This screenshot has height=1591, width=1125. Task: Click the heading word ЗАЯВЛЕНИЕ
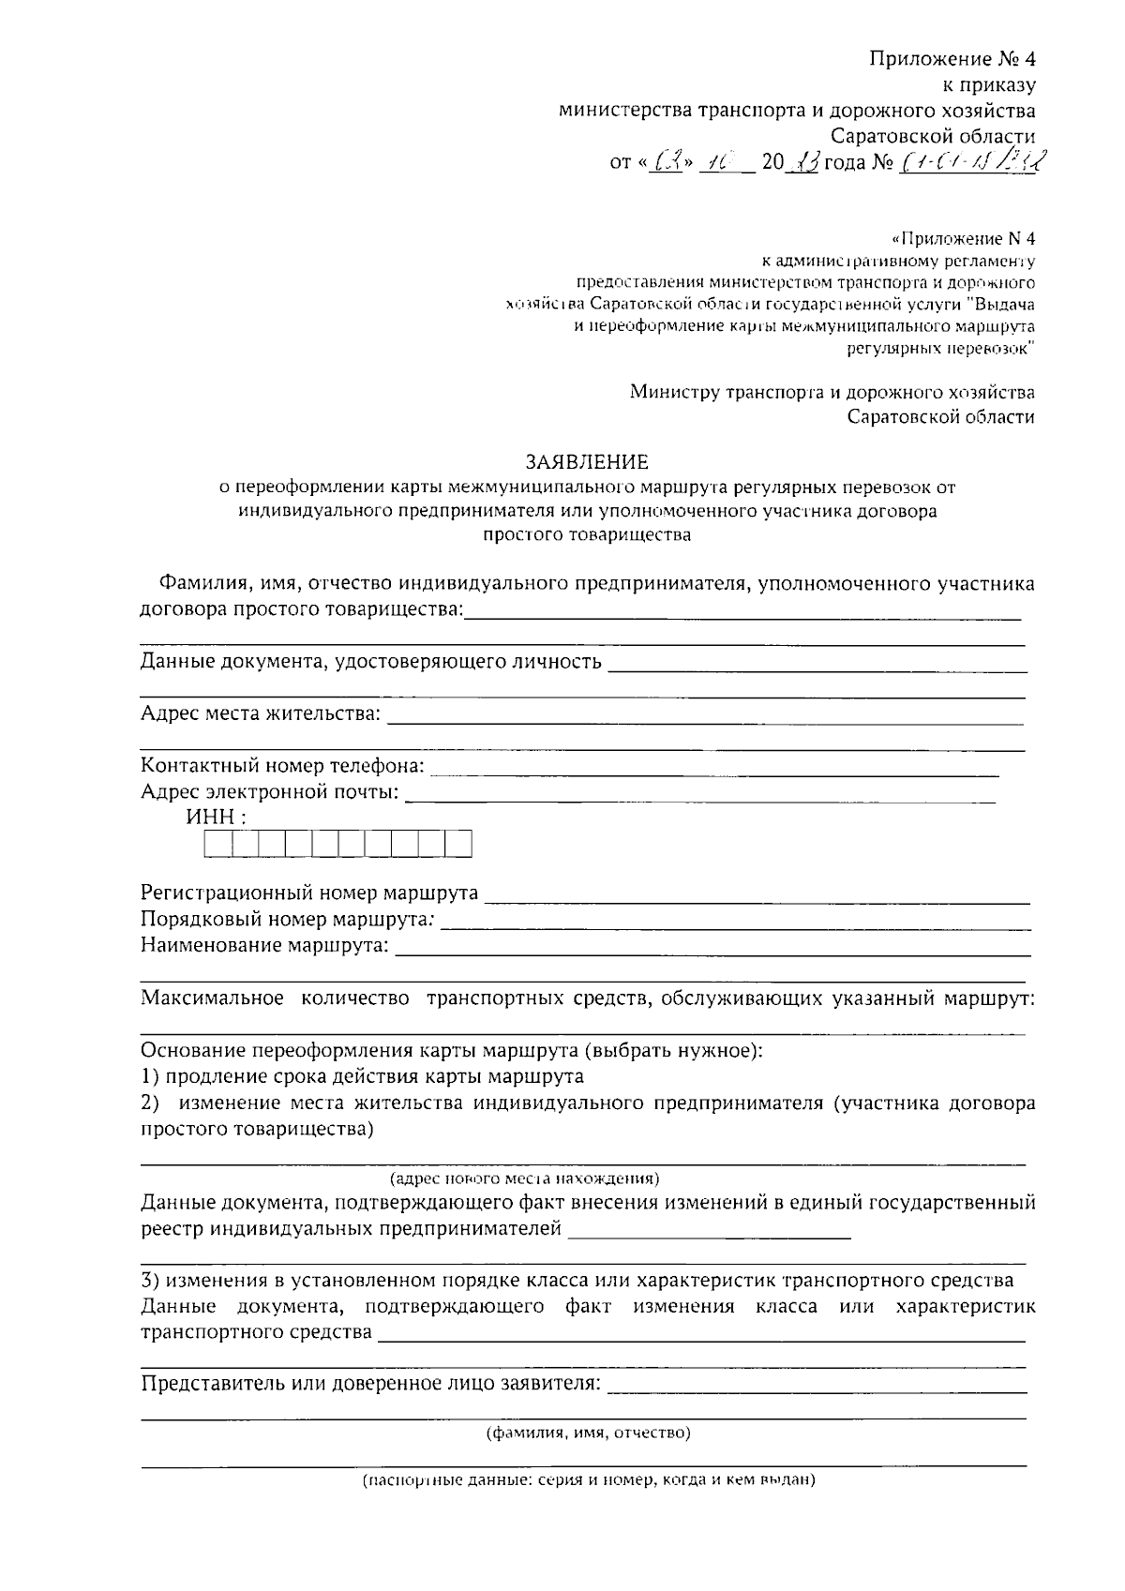pos(587,462)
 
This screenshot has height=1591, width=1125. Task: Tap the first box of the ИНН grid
pos(217,845)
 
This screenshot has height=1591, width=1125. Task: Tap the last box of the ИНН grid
pos(458,845)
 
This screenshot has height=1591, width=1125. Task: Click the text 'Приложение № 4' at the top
pos(952,60)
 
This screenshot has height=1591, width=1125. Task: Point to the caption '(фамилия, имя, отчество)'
pos(588,1433)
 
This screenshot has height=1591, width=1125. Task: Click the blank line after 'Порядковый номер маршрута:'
pos(736,925)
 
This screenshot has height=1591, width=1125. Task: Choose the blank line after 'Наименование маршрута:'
pos(713,951)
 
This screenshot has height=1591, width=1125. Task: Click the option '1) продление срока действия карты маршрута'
pos(362,1076)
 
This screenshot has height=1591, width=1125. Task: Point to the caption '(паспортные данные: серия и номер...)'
pos(589,1481)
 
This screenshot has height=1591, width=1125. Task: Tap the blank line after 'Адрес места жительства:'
pos(704,721)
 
